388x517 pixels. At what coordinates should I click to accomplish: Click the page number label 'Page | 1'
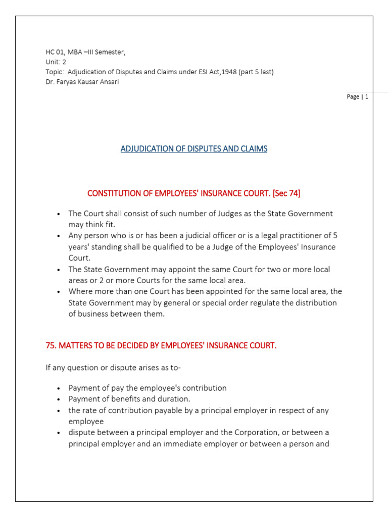tap(358, 97)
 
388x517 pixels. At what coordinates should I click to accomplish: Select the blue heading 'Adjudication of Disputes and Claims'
tap(194, 149)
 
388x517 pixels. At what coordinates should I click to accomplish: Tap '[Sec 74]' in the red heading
tap(285, 193)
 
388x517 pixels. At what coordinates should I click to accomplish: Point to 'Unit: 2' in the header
tap(56, 62)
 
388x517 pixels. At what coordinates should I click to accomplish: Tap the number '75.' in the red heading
tap(52, 346)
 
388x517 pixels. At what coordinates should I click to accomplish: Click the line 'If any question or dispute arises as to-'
tap(113, 368)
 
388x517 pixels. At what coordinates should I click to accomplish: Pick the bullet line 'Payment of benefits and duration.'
tap(129, 399)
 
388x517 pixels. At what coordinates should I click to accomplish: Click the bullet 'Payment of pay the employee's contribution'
tap(148, 388)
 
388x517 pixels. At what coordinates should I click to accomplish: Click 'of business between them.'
tap(117, 314)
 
